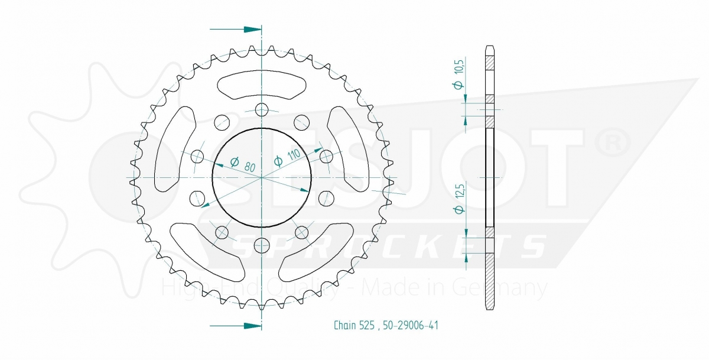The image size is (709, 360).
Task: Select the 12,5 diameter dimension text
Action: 459,199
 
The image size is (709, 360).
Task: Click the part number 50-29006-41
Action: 411,325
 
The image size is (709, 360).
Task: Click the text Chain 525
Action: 354,325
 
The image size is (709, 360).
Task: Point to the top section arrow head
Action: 252,30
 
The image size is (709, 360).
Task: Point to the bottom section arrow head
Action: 252,326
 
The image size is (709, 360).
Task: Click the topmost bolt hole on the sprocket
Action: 262,110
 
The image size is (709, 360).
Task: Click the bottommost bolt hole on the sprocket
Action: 262,245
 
